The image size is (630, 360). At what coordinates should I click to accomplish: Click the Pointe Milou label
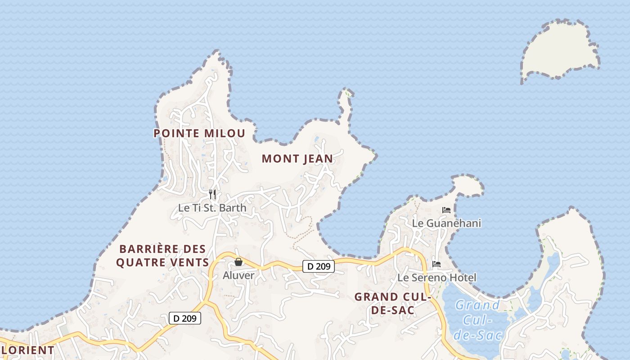[199, 133]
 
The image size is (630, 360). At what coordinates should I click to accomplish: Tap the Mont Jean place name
[297, 158]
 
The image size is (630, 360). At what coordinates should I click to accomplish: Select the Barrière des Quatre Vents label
[162, 256]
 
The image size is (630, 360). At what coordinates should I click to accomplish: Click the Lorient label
[27, 350]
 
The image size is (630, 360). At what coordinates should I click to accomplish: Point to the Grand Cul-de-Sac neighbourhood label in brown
[393, 303]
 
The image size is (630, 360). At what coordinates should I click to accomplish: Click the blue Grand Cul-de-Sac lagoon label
[477, 320]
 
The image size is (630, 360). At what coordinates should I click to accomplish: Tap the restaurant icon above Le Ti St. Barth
[212, 194]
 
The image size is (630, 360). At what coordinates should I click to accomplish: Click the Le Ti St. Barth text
[212, 208]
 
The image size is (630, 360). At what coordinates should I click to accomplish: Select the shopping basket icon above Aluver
[238, 261]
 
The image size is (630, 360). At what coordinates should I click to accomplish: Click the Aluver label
[238, 275]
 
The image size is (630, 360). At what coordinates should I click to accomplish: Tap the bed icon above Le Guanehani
[446, 210]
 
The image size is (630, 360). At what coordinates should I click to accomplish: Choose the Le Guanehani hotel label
[446, 223]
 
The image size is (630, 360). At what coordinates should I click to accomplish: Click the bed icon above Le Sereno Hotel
[436, 264]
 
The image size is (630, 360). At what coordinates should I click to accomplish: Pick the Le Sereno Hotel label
[436, 278]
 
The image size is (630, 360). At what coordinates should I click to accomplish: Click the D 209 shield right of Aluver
[319, 266]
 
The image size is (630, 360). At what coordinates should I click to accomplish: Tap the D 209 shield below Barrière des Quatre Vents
[184, 318]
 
